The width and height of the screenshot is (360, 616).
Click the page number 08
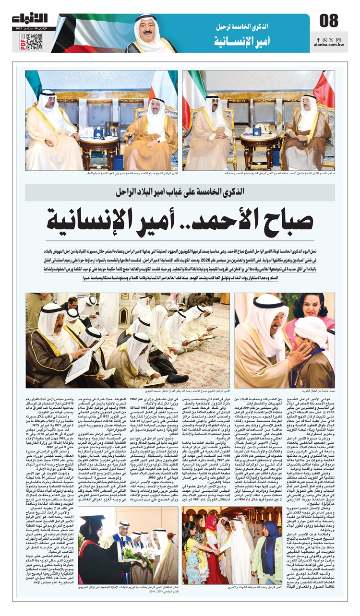click(329, 21)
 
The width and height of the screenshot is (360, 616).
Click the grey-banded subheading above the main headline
click(180, 191)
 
